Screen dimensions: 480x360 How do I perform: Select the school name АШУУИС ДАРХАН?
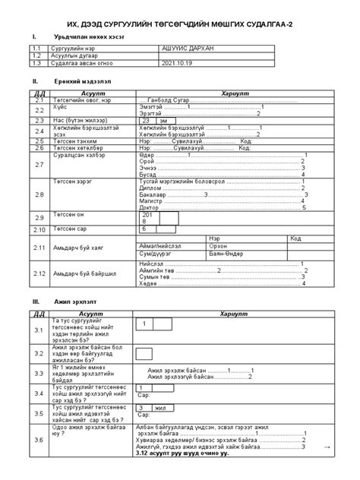pos(187,48)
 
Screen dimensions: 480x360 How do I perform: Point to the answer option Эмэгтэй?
pos(152,107)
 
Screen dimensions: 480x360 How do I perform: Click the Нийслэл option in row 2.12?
pos(153,263)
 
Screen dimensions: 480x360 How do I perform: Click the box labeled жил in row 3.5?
pos(160,408)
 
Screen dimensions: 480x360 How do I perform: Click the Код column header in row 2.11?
pos(270,238)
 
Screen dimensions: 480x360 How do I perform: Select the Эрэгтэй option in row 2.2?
pos(151,113)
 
